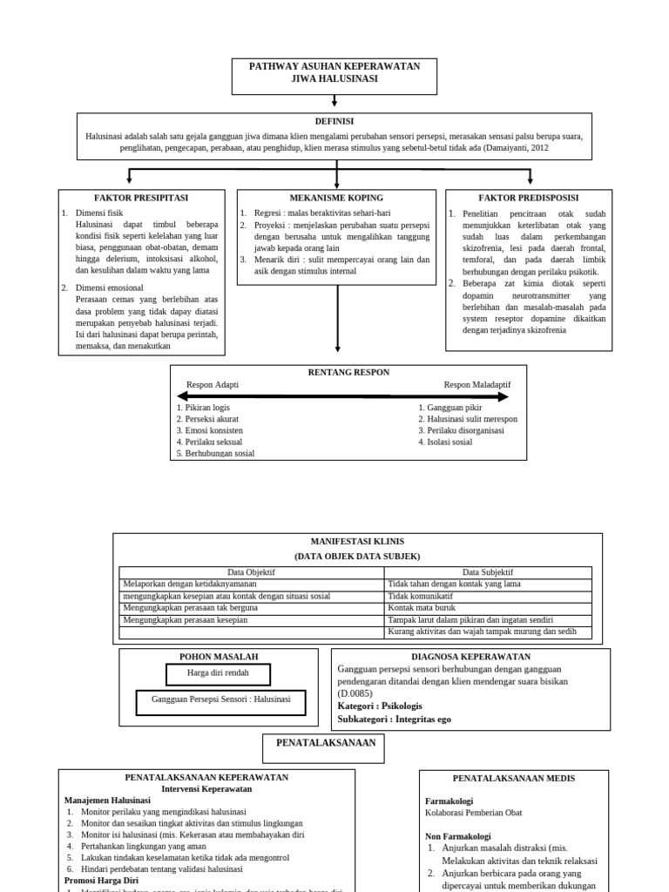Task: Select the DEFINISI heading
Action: pyautogui.click(x=334, y=121)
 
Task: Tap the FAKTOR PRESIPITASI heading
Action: pyautogui.click(x=141, y=198)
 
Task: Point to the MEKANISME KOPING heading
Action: pyautogui.click(x=336, y=198)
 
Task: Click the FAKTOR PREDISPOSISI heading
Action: pyautogui.click(x=529, y=198)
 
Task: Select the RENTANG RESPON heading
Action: pyautogui.click(x=348, y=372)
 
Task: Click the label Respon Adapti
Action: pyautogui.click(x=213, y=384)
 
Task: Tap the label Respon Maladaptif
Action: pyautogui.click(x=477, y=384)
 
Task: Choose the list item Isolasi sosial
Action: pyautogui.click(x=445, y=442)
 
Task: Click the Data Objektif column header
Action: pyautogui.click(x=251, y=572)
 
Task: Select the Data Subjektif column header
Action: pyautogui.click(x=488, y=572)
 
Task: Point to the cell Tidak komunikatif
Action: pyautogui.click(x=421, y=596)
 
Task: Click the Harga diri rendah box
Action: pyautogui.click(x=218, y=673)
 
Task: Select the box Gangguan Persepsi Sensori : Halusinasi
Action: pyautogui.click(x=221, y=699)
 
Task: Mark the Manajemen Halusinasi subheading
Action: pyautogui.click(x=107, y=800)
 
